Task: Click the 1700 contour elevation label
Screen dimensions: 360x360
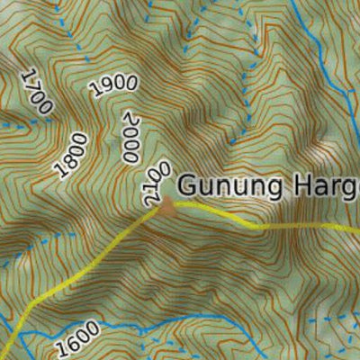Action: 36,91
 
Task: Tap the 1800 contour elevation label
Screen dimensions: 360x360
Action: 72,155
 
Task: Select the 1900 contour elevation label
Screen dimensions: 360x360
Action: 114,85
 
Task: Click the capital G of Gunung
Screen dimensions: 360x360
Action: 187,186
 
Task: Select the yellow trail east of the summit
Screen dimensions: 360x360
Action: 270,225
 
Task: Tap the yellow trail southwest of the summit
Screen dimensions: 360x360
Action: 81,270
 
